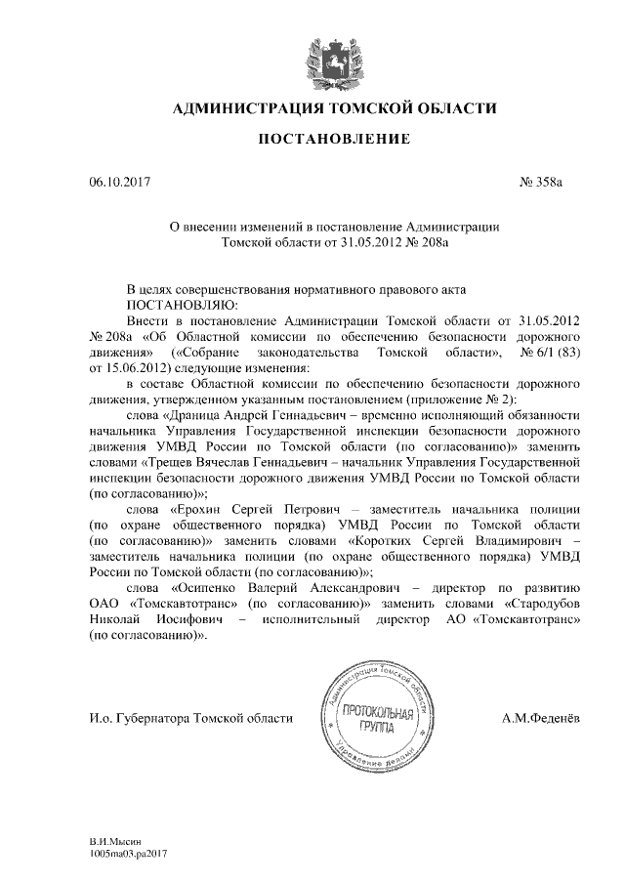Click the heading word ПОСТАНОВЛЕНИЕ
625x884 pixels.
click(x=333, y=141)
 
